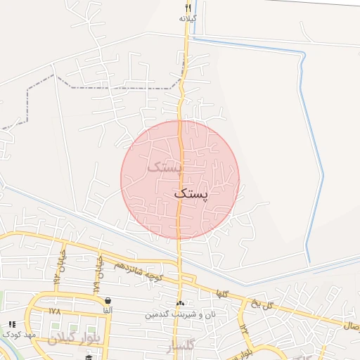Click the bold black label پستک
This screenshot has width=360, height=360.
point(191,194)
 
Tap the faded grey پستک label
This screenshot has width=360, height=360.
point(165,167)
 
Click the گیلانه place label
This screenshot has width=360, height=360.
point(187,18)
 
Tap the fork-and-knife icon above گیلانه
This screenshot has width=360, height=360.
point(187,6)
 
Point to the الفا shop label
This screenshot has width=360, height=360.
point(107,310)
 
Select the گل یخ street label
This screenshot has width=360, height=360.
point(261,304)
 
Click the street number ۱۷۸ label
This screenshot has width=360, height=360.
point(56,310)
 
